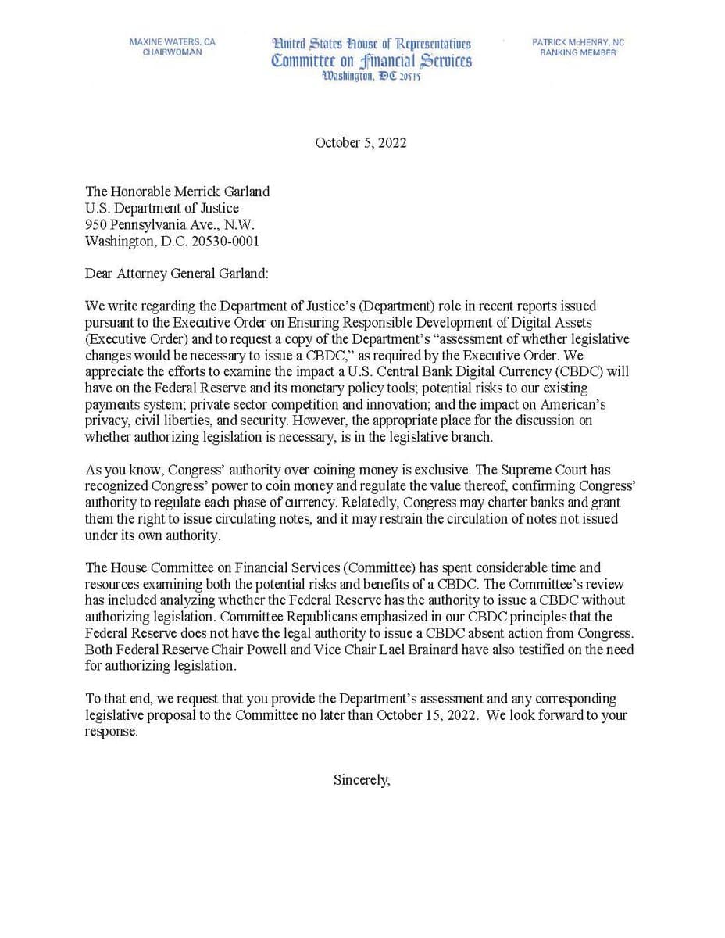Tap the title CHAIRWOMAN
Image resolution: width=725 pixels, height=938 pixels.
click(x=172, y=52)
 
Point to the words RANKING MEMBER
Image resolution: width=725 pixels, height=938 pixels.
click(x=578, y=52)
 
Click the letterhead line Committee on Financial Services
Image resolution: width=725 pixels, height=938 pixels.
click(x=372, y=61)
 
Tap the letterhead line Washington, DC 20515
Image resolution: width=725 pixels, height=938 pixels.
click(x=372, y=77)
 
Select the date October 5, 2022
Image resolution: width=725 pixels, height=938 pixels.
click(x=361, y=143)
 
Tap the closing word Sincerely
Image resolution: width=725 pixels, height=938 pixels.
click(x=361, y=779)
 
